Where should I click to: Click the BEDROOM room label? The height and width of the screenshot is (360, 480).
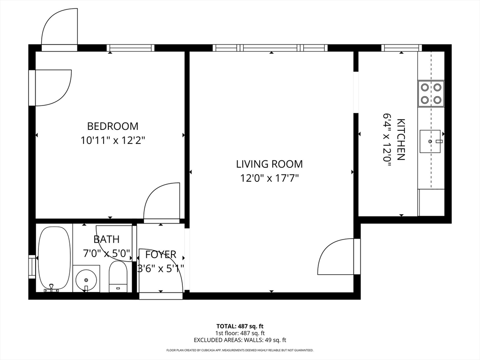click(112, 126)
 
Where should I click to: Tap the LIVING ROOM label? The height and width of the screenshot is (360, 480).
click(270, 164)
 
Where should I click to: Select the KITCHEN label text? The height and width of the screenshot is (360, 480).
click(401, 139)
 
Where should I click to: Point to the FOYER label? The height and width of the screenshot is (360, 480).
click(161, 255)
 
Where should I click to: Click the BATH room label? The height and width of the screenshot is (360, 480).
click(106, 239)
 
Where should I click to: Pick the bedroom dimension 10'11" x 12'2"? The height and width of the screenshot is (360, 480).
click(112, 140)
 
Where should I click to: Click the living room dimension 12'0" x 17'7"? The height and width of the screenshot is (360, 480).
click(270, 178)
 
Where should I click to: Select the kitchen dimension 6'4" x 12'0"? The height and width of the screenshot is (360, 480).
click(387, 140)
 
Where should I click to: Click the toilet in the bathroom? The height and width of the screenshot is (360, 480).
click(118, 277)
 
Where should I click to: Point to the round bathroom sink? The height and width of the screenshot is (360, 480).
click(86, 279)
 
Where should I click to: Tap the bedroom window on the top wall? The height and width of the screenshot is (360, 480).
click(131, 48)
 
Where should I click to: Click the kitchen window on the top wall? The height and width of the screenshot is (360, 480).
click(402, 48)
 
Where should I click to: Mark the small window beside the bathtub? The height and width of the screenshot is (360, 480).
click(32, 266)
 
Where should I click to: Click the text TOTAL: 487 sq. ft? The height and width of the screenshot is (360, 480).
click(240, 326)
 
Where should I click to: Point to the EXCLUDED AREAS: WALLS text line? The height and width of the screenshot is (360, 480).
click(240, 340)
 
